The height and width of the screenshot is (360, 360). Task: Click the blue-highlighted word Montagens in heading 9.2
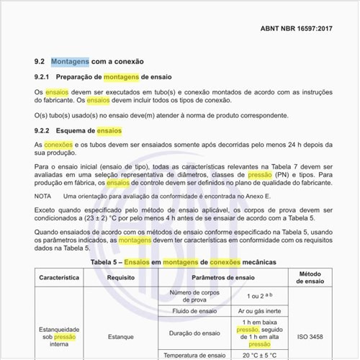[x=70, y=62]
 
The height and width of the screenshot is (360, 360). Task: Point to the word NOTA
[x=42, y=196]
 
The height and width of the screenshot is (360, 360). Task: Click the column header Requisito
[x=122, y=276]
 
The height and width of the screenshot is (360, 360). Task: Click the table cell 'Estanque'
[x=122, y=336]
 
